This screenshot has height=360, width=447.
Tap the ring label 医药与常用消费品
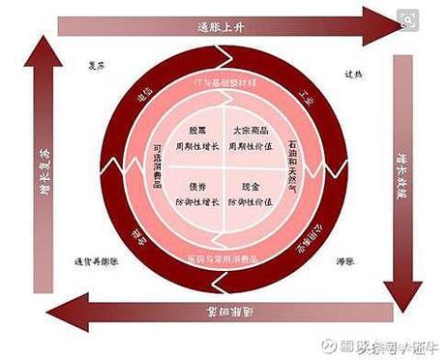[x=223, y=259]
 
